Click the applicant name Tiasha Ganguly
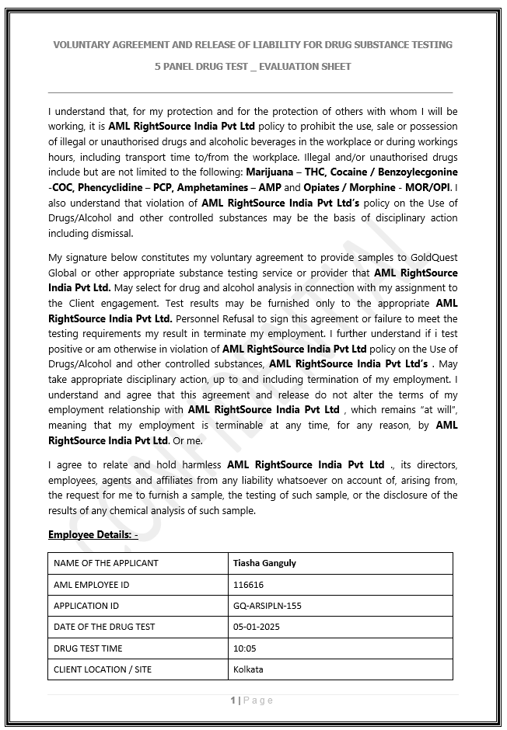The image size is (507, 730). (x=264, y=563)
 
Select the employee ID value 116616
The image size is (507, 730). (x=248, y=585)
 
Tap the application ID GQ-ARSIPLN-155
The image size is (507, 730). (x=267, y=606)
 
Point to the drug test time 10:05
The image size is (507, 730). (x=244, y=648)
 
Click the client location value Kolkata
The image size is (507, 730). (x=248, y=669)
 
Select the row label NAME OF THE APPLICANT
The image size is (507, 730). (x=106, y=563)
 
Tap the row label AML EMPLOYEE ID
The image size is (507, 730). (x=91, y=585)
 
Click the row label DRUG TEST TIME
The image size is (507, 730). (x=88, y=648)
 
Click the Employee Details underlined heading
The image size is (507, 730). (x=93, y=534)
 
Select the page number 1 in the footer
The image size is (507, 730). (x=233, y=700)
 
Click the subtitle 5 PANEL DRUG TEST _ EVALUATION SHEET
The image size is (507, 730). (x=253, y=67)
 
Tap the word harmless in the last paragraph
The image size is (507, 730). (x=201, y=464)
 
